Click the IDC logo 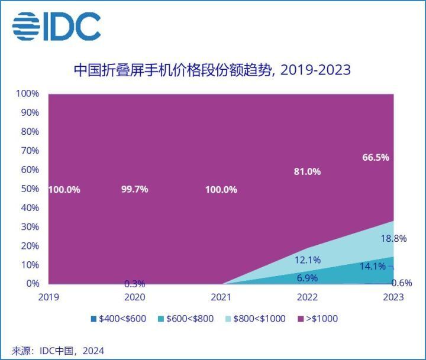(57, 27)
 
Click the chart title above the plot (212, 70)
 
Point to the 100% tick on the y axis (27, 93)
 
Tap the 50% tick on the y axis (29, 189)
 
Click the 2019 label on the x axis (48, 297)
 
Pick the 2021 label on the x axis (224, 297)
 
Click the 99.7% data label (133, 189)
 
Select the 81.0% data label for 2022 (307, 171)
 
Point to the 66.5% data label (376, 157)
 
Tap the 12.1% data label (307, 260)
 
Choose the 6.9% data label (307, 277)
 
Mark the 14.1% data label (373, 267)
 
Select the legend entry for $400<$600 (119, 319)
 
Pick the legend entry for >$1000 (319, 319)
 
